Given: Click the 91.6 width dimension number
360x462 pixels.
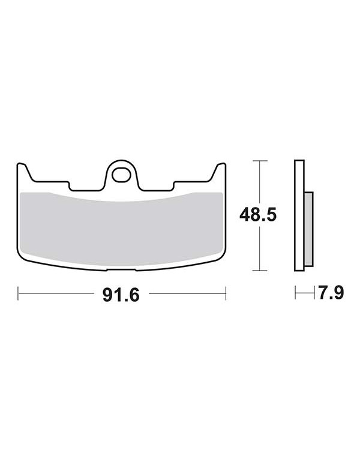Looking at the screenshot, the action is click(121, 295).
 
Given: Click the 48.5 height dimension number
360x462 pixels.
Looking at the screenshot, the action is click(258, 215).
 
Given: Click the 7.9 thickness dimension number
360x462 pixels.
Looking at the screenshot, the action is click(331, 293).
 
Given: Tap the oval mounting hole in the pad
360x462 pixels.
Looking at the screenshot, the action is click(121, 175).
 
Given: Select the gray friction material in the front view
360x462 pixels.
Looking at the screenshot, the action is click(121, 229).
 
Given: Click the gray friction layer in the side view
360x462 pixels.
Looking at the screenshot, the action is click(308, 229).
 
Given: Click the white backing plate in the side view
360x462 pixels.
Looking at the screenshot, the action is click(299, 215).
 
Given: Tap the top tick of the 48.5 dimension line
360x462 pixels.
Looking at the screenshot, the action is click(260, 161).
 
